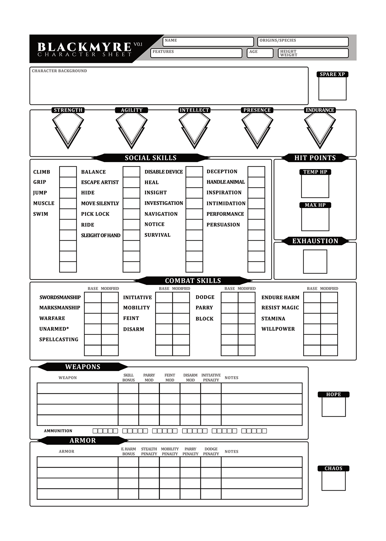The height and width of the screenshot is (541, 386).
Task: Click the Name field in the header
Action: click(x=208, y=42)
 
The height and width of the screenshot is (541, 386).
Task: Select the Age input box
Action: click(x=260, y=53)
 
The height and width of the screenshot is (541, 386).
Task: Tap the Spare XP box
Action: click(x=332, y=88)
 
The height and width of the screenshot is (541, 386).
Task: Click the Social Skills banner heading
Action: click(x=151, y=158)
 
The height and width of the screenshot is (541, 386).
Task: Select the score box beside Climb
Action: click(x=68, y=172)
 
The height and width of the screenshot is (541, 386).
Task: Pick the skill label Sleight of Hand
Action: click(x=101, y=235)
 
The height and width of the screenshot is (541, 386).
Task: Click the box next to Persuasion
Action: click(x=256, y=225)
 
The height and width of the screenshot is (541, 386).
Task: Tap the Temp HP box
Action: click(x=315, y=186)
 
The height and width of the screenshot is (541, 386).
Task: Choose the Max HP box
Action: click(x=315, y=219)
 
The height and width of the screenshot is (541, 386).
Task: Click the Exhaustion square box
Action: click(x=315, y=261)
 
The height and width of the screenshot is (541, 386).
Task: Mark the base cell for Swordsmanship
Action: click(x=93, y=297)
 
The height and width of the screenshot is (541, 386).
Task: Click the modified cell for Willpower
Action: click(x=329, y=329)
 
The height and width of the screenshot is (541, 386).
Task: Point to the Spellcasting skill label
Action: click(x=59, y=340)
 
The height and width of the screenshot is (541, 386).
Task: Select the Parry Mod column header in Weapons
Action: click(x=149, y=378)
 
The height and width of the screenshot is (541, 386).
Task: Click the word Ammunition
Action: click(x=58, y=431)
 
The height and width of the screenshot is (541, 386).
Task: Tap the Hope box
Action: click(x=333, y=406)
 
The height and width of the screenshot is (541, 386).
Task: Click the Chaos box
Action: click(x=333, y=480)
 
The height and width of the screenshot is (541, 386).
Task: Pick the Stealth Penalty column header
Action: click(x=149, y=451)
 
